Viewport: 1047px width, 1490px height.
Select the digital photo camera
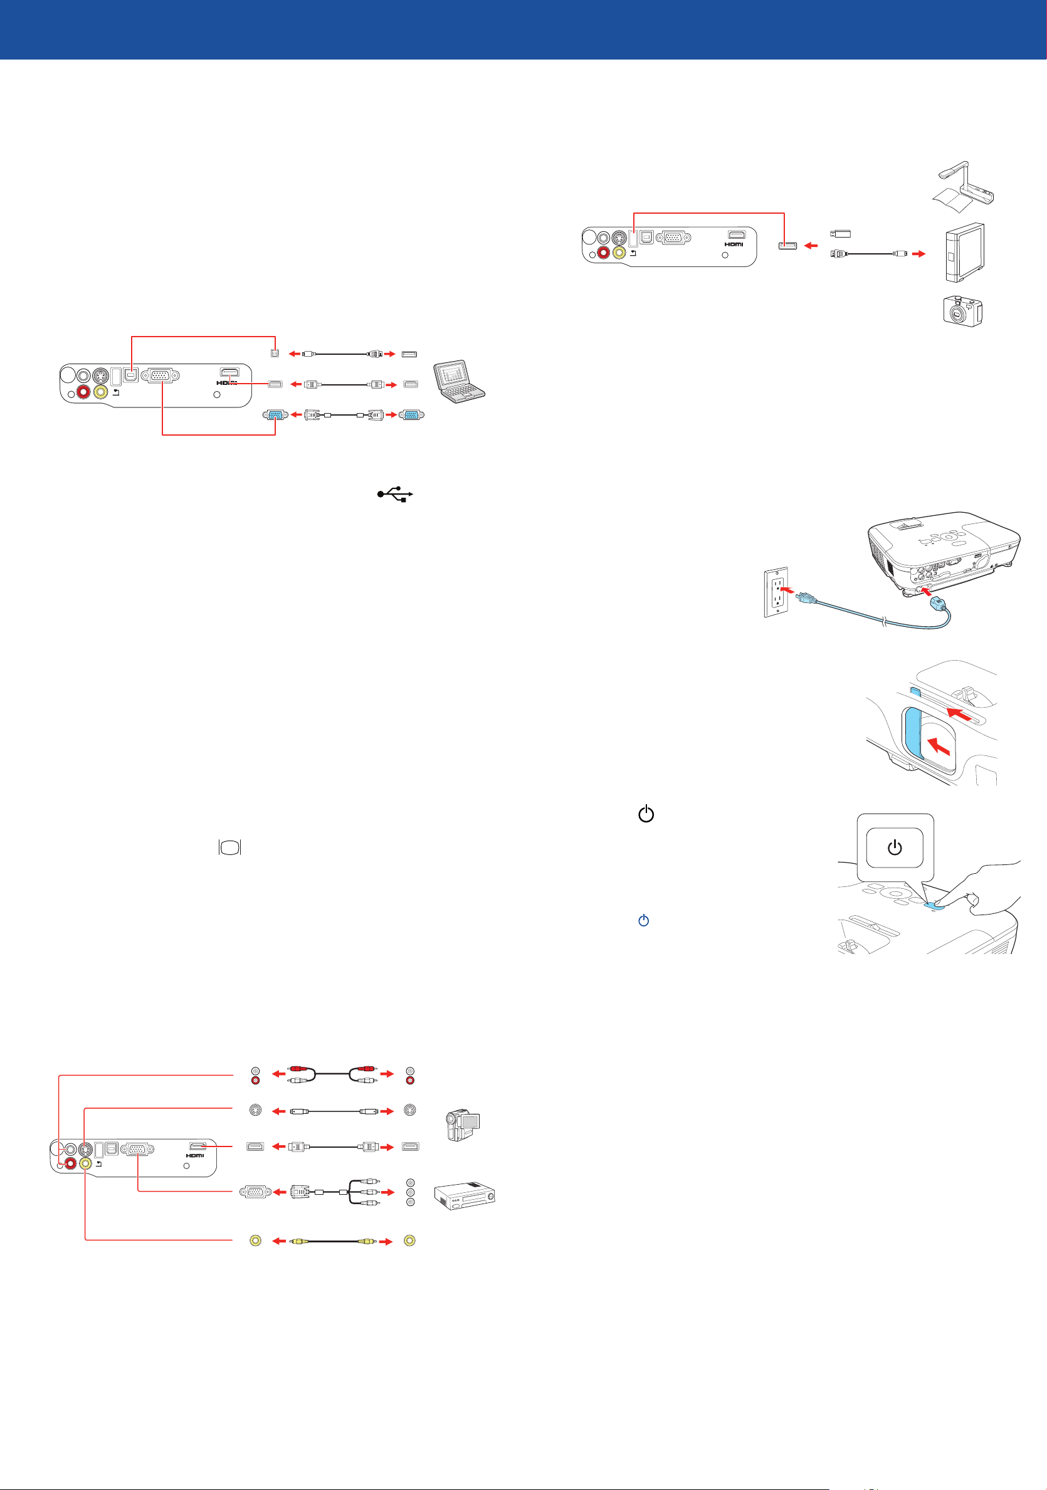tap(962, 312)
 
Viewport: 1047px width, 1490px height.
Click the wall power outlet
tap(776, 592)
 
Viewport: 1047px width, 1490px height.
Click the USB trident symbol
tap(394, 495)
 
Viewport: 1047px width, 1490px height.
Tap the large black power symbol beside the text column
tap(646, 814)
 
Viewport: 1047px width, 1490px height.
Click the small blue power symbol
tap(643, 920)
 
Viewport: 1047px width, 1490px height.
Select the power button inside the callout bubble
tap(895, 847)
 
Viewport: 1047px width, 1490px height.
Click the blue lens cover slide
tap(912, 733)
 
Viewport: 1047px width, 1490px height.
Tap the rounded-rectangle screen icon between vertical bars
tap(230, 847)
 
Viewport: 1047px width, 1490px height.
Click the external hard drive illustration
tap(964, 253)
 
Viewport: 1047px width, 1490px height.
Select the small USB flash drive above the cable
tap(841, 234)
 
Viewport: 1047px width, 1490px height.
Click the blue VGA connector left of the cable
tap(275, 414)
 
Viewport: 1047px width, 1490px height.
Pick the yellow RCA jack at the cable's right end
tap(409, 1241)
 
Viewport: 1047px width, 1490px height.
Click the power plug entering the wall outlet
tap(803, 594)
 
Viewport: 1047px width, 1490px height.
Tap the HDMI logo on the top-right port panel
tap(734, 244)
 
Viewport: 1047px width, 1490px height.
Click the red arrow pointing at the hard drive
tap(918, 254)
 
